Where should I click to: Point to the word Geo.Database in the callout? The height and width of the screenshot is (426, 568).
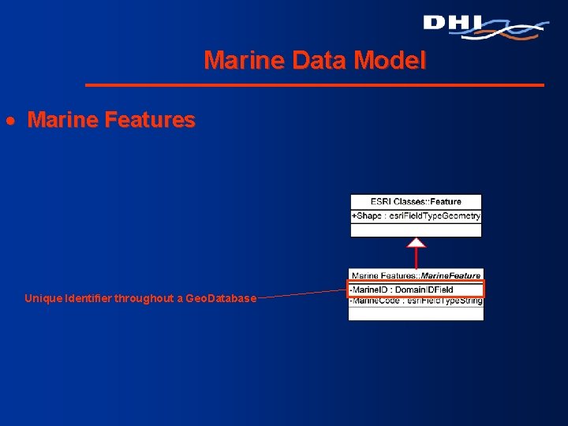(x=220, y=298)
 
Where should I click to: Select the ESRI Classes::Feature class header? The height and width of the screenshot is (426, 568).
(x=416, y=202)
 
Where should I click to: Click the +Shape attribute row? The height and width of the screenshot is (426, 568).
(x=416, y=215)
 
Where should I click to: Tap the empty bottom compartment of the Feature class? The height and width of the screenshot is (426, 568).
(x=416, y=230)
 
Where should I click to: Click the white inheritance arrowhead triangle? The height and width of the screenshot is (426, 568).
(x=416, y=242)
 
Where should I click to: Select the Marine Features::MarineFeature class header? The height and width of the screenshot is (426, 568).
(x=416, y=275)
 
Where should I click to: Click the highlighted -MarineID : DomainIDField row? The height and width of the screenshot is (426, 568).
(x=416, y=289)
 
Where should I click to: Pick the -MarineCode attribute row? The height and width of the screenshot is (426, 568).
(x=416, y=300)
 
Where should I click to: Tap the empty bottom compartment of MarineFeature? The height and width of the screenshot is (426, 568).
(x=416, y=313)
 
